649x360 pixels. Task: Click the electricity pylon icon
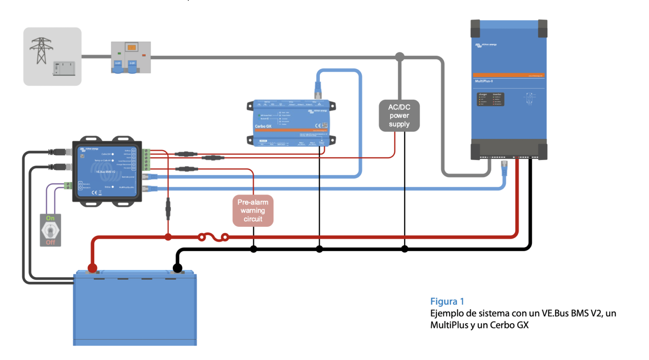tap(41, 50)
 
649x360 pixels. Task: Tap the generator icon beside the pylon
tap(64, 68)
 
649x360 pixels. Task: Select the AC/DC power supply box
tap(399, 115)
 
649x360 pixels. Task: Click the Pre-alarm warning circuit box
tap(253, 210)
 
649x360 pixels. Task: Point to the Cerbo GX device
tap(291, 123)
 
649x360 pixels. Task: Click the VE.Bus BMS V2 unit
tap(107, 172)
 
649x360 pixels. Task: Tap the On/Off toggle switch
tap(50, 230)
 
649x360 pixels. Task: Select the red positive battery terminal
tap(92, 267)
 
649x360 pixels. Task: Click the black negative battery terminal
tap(177, 267)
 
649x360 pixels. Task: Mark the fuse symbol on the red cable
tap(213, 237)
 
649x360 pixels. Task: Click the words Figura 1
tap(447, 301)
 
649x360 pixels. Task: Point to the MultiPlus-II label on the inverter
tap(484, 81)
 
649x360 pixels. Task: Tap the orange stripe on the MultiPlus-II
tap(509, 75)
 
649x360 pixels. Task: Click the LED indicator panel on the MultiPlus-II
tap(490, 99)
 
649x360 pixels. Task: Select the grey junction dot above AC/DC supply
tap(399, 56)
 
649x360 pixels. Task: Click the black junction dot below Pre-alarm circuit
tap(254, 249)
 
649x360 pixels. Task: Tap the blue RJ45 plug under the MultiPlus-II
tap(504, 168)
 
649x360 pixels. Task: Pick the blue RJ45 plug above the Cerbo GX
tap(318, 90)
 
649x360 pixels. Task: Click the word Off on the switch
tap(50, 242)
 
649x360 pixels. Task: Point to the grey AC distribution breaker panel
tap(131, 57)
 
